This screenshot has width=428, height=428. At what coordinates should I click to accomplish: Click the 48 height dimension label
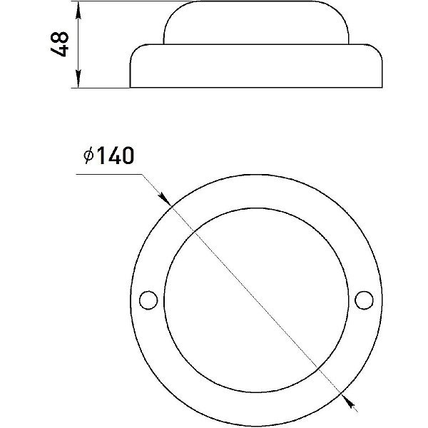tap(59, 44)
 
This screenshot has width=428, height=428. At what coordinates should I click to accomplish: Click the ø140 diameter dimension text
tap(109, 156)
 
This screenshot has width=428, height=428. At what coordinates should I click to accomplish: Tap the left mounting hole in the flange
tap(148, 300)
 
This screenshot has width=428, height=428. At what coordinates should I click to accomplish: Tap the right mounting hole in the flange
tap(364, 300)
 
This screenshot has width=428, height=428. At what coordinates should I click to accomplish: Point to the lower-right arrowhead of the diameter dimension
tap(348, 402)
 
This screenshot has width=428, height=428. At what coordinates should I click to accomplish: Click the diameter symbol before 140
tap(88, 156)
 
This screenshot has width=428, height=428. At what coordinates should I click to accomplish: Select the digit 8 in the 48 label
tap(59, 38)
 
